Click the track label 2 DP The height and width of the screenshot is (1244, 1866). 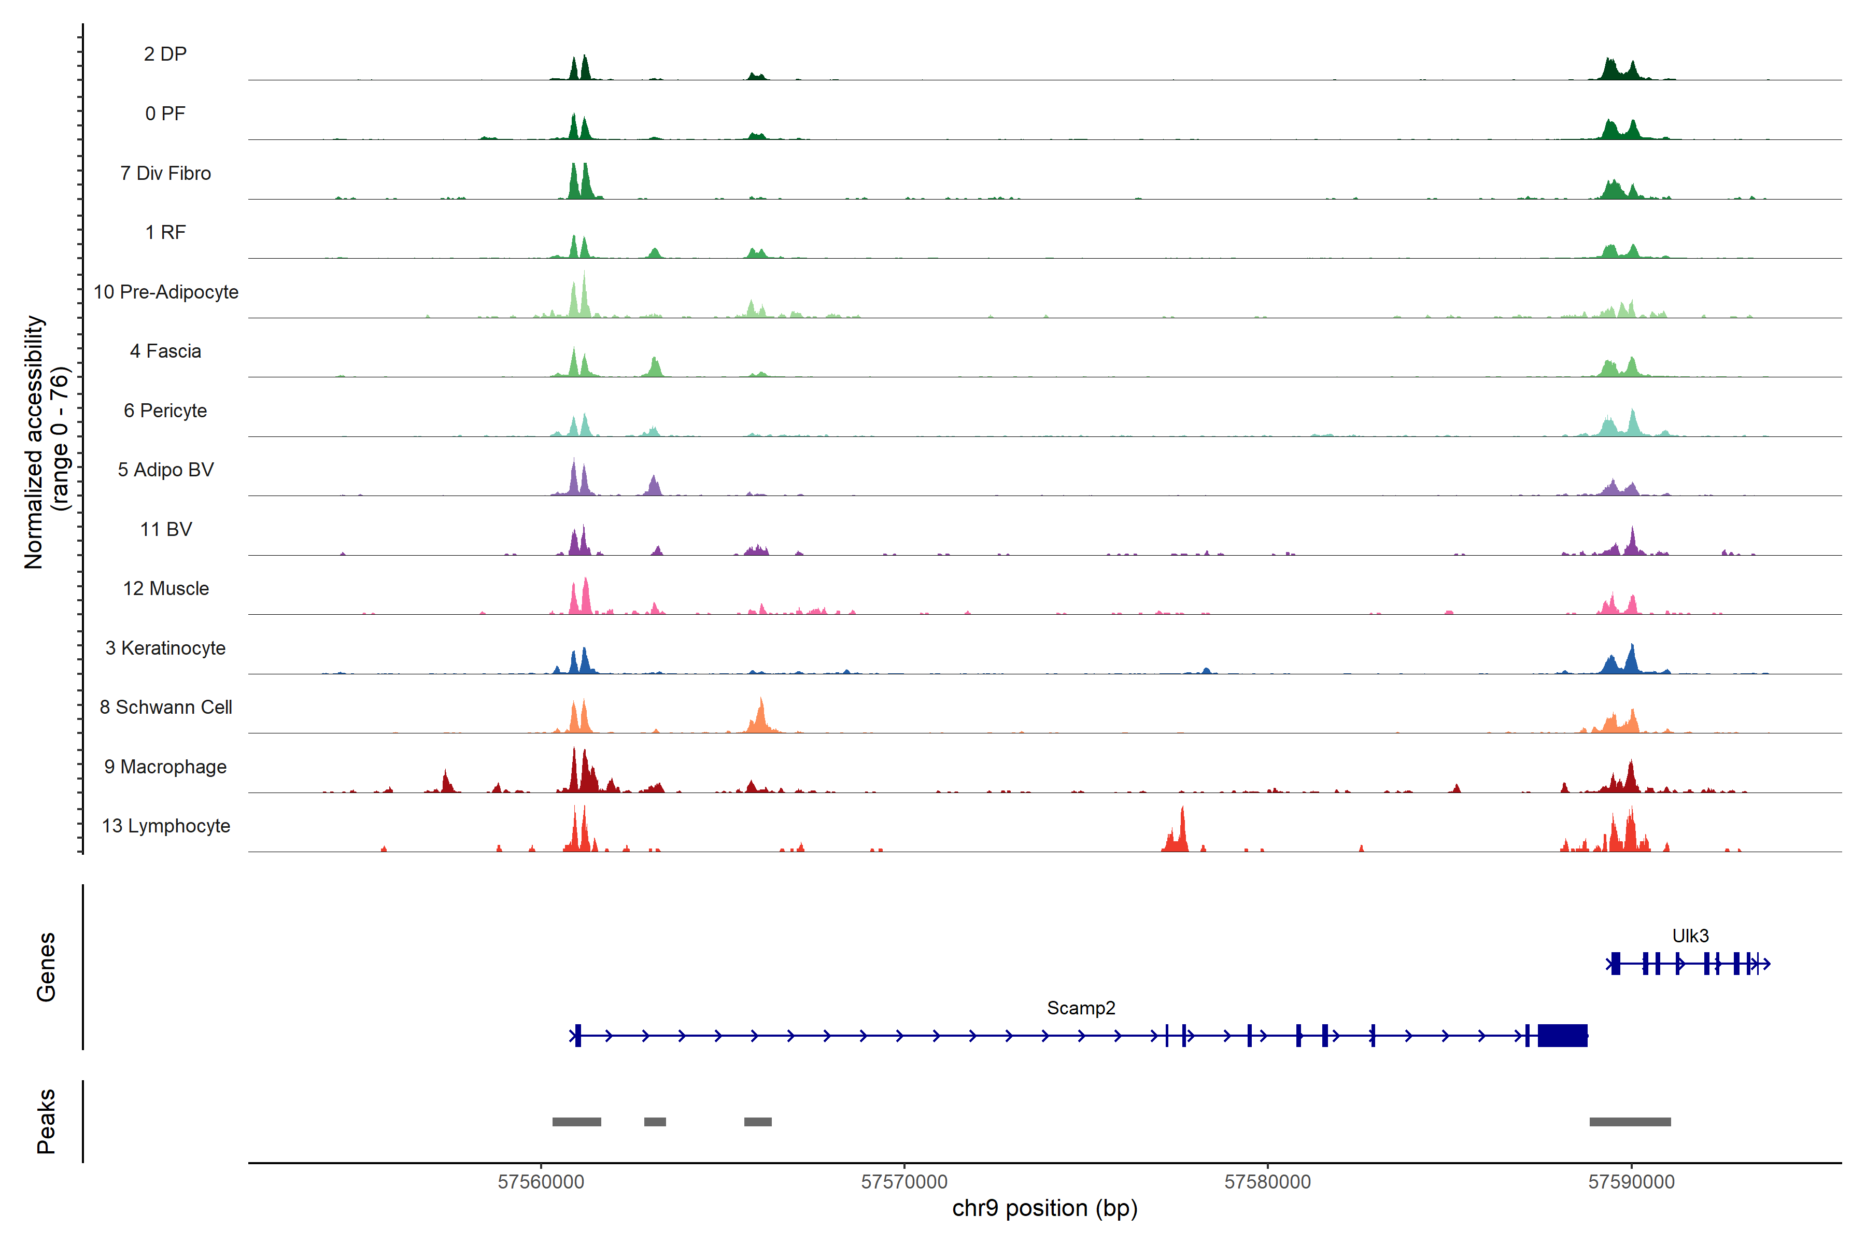(x=165, y=54)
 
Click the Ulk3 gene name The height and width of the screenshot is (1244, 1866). (x=1690, y=936)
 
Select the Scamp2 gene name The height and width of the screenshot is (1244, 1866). (x=1081, y=1008)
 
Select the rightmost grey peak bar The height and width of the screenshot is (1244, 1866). (x=1630, y=1122)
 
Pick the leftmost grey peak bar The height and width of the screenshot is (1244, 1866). (x=577, y=1122)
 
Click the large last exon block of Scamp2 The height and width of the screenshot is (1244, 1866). (x=1562, y=1035)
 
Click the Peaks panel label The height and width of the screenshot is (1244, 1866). (x=46, y=1121)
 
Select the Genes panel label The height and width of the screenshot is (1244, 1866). (x=46, y=967)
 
